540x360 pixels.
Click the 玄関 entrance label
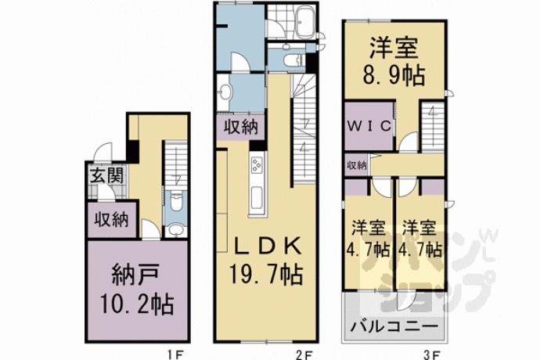[x=106, y=175]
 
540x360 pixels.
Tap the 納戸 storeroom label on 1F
[x=135, y=275]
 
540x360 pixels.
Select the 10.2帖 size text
[x=137, y=304]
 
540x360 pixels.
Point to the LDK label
[x=268, y=247]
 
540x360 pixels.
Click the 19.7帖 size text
[x=266, y=275]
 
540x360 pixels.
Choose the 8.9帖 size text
[x=394, y=75]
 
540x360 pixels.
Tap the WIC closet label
[x=369, y=126]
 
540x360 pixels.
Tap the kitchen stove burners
[x=257, y=165]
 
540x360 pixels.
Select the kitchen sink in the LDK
[x=257, y=198]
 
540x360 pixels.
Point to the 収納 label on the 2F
[x=241, y=128]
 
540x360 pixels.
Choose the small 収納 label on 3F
[x=356, y=165]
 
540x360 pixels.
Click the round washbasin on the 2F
[x=226, y=92]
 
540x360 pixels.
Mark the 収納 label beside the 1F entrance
[x=112, y=219]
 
